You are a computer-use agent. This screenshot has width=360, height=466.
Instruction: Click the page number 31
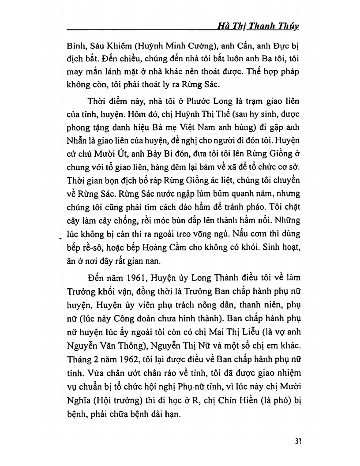(296, 441)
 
